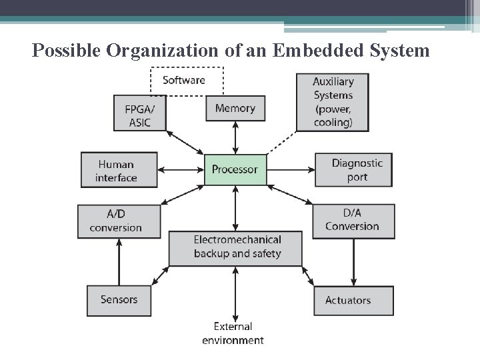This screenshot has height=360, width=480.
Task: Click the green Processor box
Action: (235, 169)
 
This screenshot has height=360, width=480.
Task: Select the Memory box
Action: (235, 108)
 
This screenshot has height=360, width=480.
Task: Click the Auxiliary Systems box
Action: (333, 101)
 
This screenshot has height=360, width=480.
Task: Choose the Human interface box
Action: (118, 171)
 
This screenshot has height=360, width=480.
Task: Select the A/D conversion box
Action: (118, 221)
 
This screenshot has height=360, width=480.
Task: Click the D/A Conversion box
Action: (353, 219)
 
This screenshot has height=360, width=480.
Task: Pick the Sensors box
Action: (118, 300)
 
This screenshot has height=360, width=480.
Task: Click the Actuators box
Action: (353, 301)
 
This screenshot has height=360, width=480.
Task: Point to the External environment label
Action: (233, 333)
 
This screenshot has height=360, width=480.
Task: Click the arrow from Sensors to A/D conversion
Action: (119, 261)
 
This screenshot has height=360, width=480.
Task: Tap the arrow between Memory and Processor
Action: (235, 139)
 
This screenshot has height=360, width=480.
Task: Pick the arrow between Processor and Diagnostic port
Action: (291, 169)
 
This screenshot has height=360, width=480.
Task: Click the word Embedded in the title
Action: (313, 50)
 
